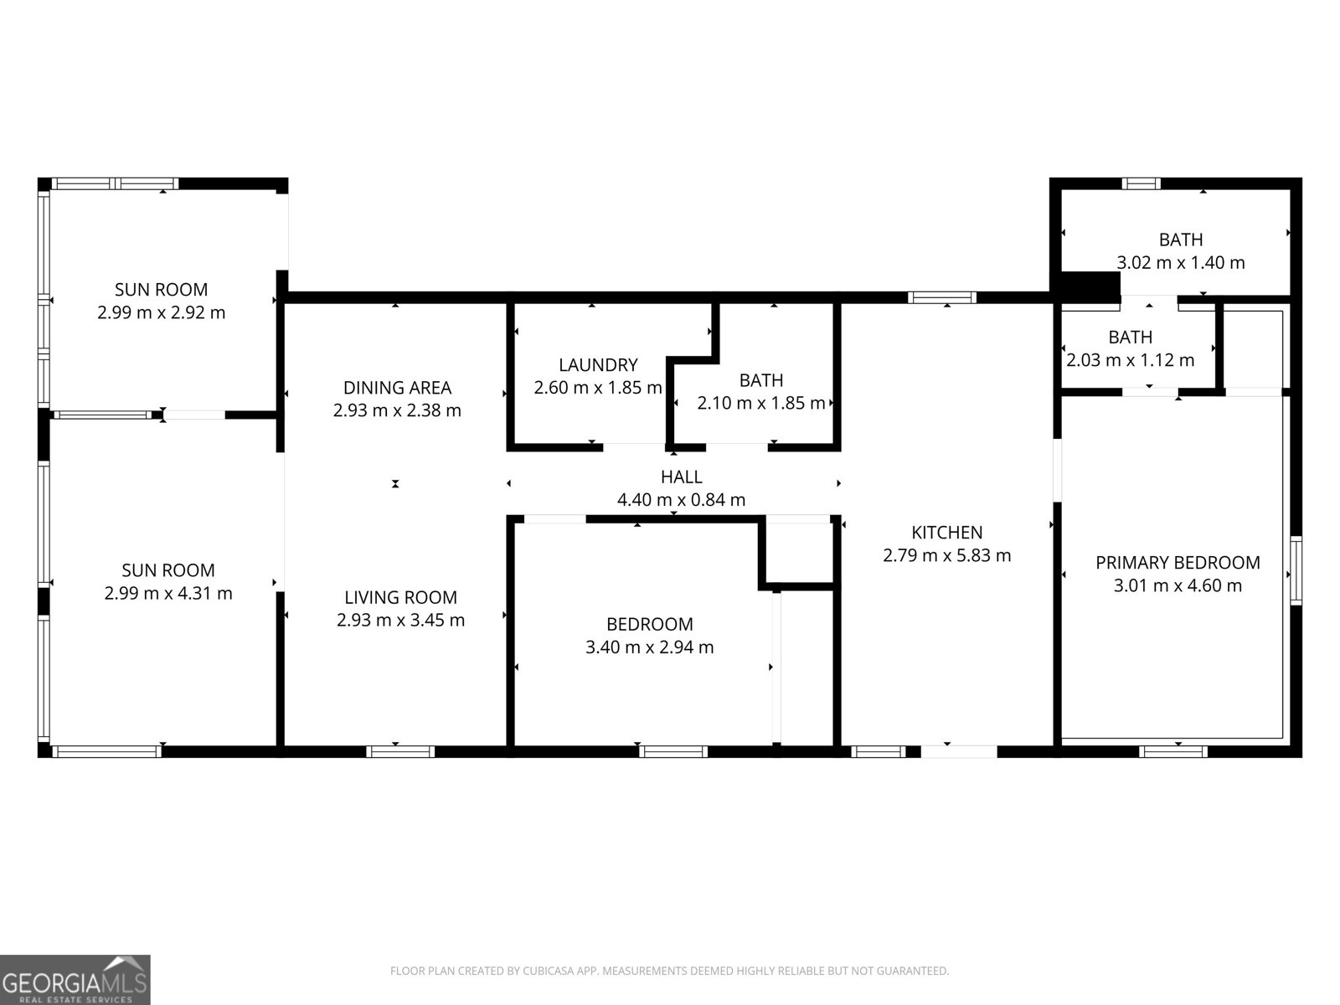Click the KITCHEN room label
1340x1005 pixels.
(x=947, y=533)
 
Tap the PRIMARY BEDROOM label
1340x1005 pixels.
(x=1178, y=563)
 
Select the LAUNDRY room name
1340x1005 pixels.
(x=598, y=365)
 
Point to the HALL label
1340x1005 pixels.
(x=681, y=477)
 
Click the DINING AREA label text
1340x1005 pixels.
(x=398, y=388)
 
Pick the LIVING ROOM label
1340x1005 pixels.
(x=400, y=597)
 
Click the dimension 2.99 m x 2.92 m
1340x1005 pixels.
(x=161, y=312)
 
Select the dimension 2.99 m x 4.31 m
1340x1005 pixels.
(x=167, y=593)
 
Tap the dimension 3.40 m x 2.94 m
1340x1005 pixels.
(x=650, y=647)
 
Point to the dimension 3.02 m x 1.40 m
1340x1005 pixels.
(x=1181, y=262)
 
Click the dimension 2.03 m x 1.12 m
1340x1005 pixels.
(x=1130, y=360)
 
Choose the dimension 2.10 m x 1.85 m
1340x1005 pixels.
(x=760, y=403)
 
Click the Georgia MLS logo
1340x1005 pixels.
(x=75, y=980)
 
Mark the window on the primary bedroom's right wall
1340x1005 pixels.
(x=1296, y=570)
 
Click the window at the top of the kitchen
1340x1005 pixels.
(x=941, y=298)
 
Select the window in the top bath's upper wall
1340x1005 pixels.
(x=1141, y=183)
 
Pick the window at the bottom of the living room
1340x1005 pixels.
(x=400, y=752)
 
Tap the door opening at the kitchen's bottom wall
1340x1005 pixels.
(x=959, y=752)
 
